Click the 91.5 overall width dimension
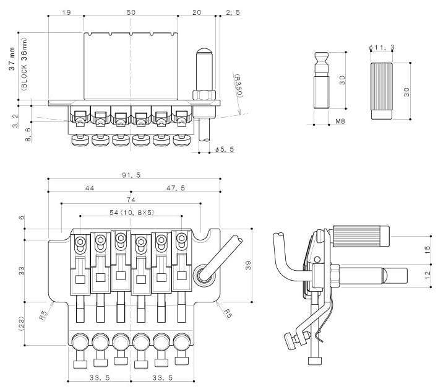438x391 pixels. (131, 175)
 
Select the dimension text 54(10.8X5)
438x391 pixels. (132, 213)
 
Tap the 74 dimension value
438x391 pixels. (131, 200)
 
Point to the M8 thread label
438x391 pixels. (340, 121)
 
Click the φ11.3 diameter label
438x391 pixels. (382, 48)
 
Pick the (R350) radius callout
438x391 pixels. (239, 86)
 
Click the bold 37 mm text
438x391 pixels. (12, 59)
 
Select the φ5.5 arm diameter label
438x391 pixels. (225, 149)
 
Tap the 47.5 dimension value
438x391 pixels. (176, 188)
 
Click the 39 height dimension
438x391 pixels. (248, 265)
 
